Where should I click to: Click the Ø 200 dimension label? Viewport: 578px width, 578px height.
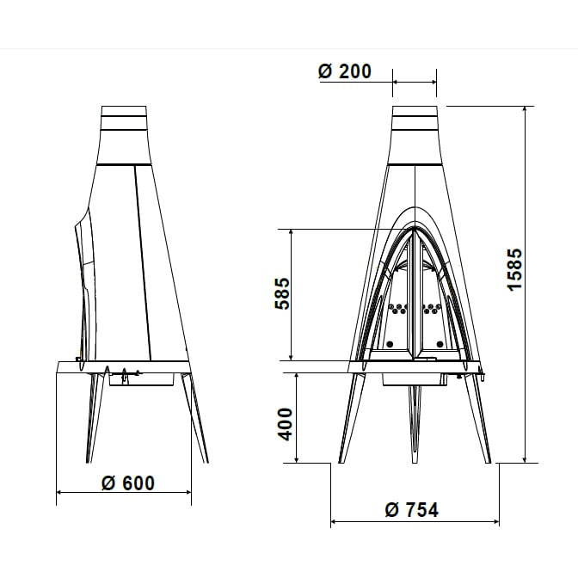point(345,71)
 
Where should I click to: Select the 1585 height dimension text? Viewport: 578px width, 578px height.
point(515,270)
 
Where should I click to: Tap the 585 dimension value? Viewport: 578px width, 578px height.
point(283,293)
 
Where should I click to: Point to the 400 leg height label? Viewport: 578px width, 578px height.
point(285,424)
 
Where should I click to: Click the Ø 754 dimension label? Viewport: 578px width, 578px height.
point(412,510)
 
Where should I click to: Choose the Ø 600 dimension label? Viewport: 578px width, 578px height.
point(128,483)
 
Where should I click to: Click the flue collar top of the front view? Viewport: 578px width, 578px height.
point(415,111)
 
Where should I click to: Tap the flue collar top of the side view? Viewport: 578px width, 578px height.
point(124,111)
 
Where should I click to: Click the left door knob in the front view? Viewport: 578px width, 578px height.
point(390,344)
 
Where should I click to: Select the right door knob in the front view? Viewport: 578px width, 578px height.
point(440,344)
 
